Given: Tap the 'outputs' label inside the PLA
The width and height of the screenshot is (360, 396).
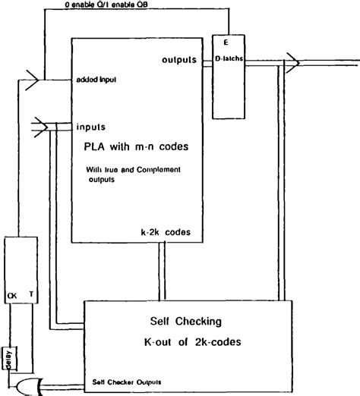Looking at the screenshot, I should (179, 59).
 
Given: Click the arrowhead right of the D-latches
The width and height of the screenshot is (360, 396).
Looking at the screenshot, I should (292, 58).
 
